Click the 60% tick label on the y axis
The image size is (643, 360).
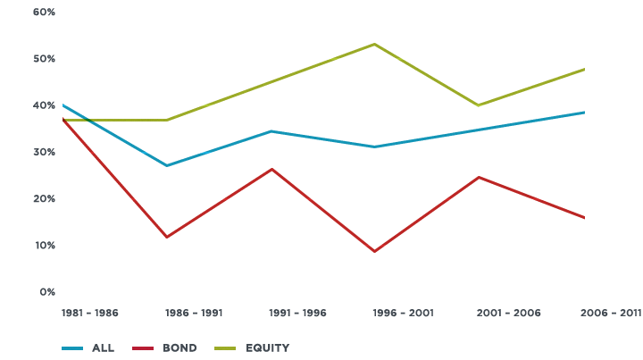(46, 13)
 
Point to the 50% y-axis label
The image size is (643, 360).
(46, 59)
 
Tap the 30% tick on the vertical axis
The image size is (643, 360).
(46, 153)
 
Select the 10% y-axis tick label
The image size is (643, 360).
(46, 246)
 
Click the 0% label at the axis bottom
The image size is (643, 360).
(48, 292)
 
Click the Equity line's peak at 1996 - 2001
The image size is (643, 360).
(375, 44)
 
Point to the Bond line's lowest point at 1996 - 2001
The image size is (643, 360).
(375, 252)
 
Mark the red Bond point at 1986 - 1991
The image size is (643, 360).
(167, 238)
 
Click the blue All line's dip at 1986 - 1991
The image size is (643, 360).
(167, 165)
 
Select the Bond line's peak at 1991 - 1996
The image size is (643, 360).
(271, 168)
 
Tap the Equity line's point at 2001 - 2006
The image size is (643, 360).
(480, 105)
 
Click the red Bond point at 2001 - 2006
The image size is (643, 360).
(480, 177)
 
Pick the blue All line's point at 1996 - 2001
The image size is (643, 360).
(375, 147)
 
